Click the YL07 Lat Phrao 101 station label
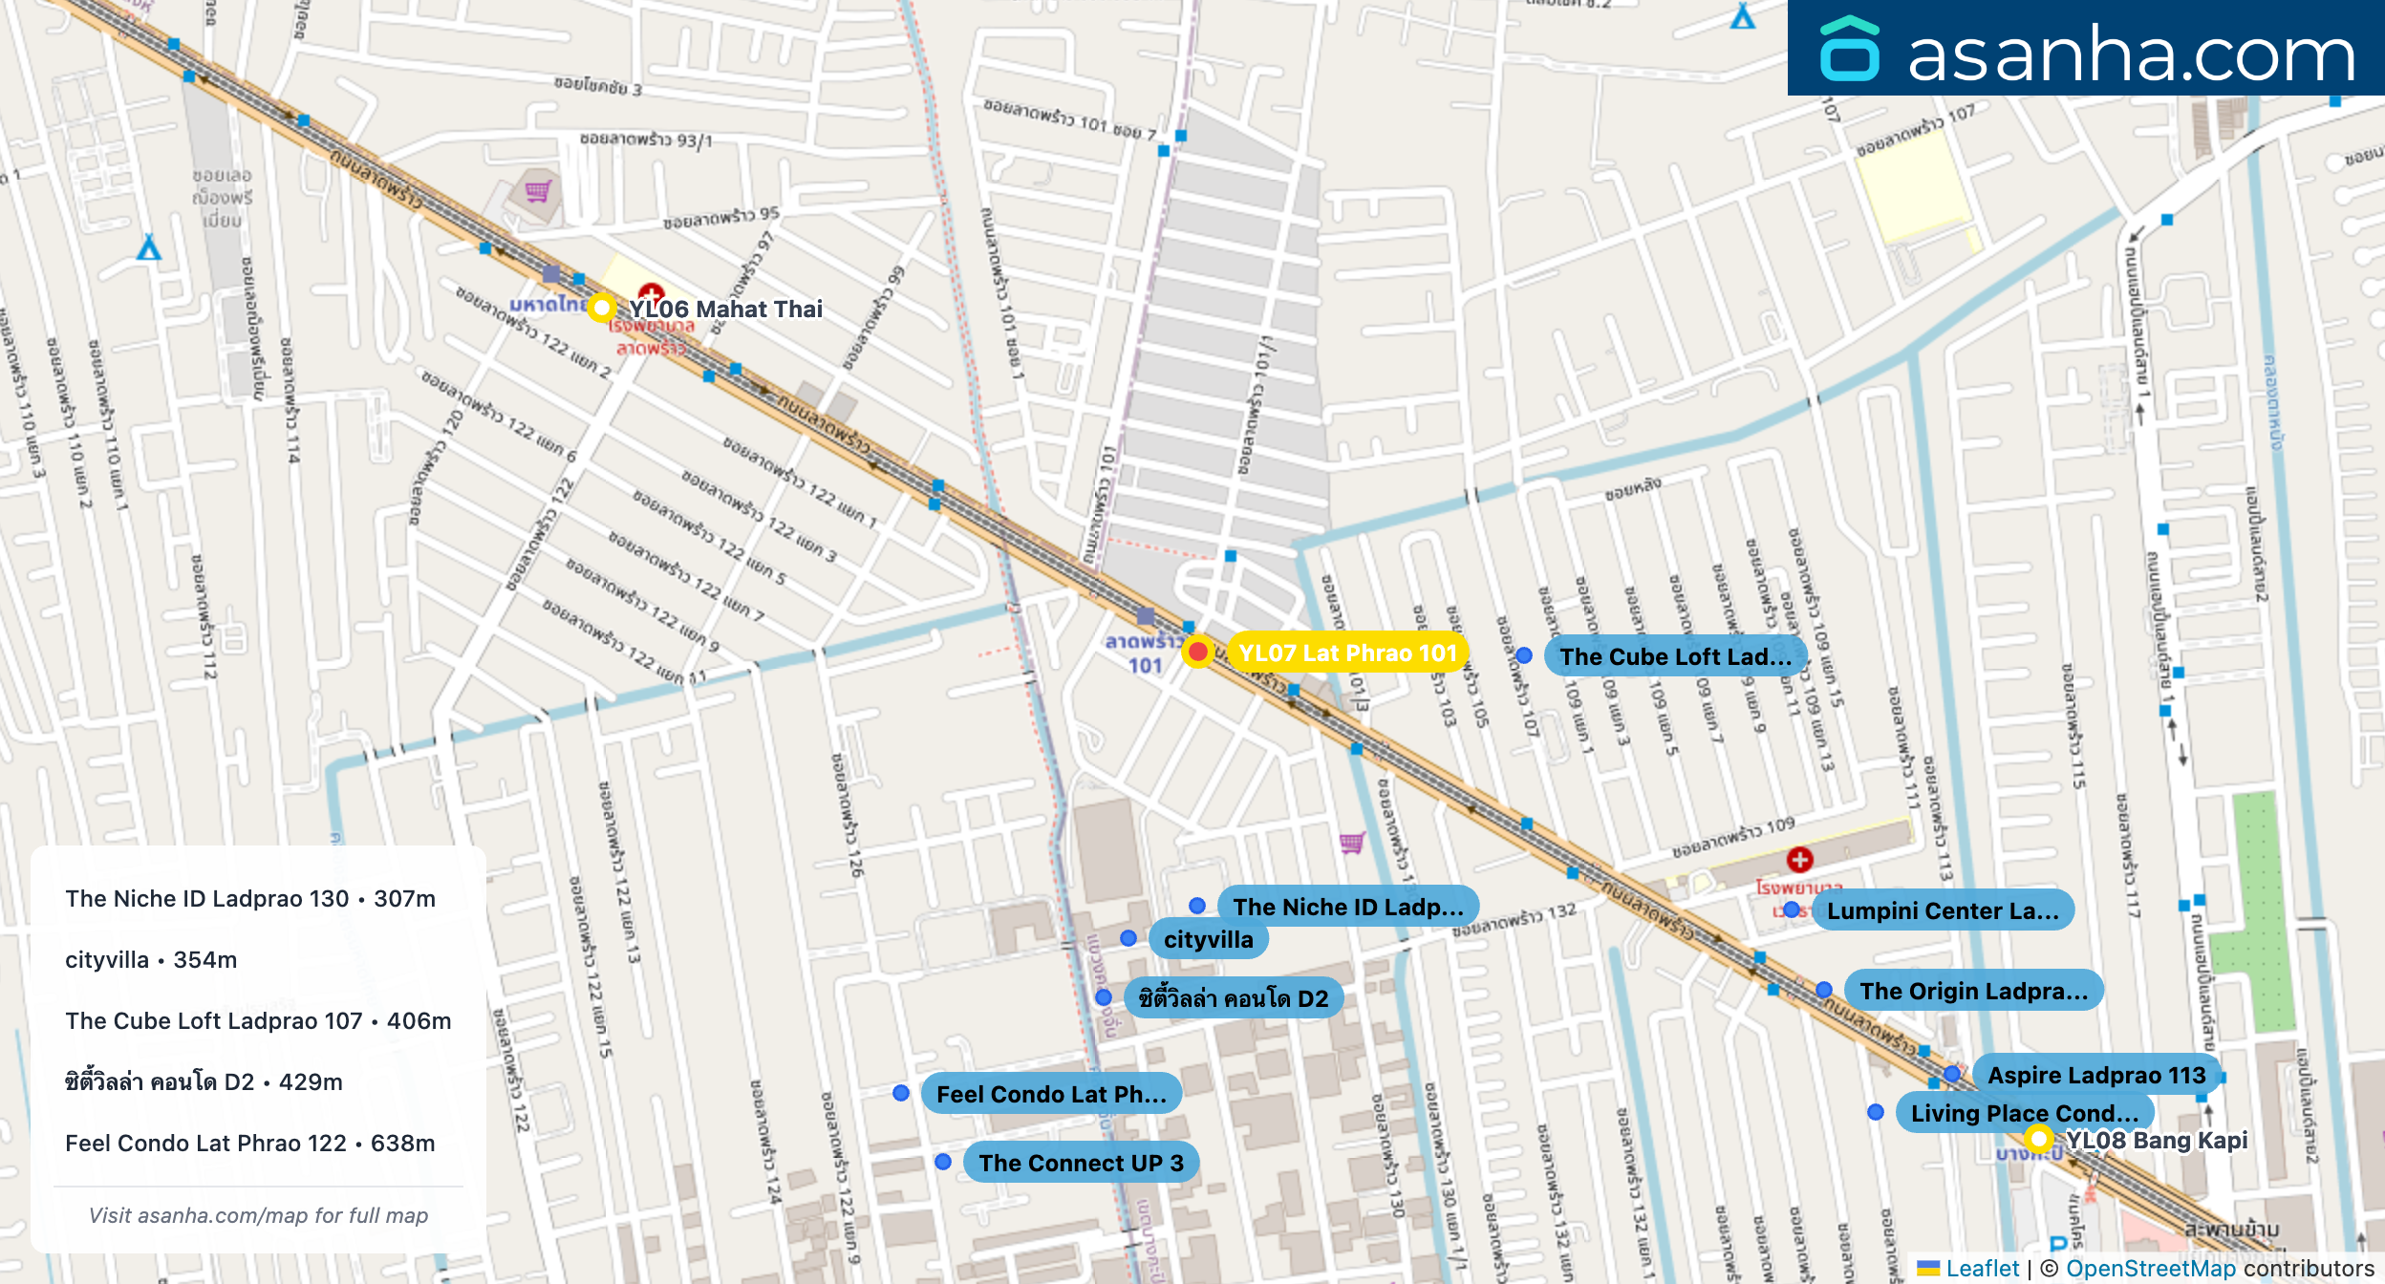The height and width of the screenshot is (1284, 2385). [x=1347, y=653]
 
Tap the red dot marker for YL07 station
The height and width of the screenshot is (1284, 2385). [x=1197, y=652]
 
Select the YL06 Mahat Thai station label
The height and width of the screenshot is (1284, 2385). [x=725, y=310]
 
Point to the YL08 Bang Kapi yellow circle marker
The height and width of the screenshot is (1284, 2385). [x=2038, y=1139]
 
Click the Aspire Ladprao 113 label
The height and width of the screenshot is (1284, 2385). [x=2096, y=1076]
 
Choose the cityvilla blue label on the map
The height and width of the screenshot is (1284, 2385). [x=1208, y=940]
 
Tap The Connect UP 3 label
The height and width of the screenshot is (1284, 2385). [x=1081, y=1164]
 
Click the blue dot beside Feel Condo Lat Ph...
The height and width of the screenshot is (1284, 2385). [x=900, y=1093]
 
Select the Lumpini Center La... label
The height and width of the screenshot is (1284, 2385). [x=1943, y=911]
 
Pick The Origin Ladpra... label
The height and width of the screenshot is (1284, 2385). [x=1973, y=992]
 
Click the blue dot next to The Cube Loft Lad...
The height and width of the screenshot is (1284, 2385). [x=1524, y=656]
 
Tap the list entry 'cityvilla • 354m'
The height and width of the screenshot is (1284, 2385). [x=151, y=960]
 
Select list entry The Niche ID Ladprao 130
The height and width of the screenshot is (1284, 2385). [x=250, y=899]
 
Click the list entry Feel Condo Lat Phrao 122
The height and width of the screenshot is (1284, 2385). [x=250, y=1144]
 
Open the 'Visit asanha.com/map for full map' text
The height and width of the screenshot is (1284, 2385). [x=258, y=1216]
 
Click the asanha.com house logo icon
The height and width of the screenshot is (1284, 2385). [x=1849, y=50]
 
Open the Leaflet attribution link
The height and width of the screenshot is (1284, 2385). [x=1982, y=1269]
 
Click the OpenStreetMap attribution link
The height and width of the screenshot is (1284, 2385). [x=2150, y=1269]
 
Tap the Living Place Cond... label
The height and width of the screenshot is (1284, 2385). [x=2024, y=1114]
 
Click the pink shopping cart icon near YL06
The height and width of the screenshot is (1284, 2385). [x=538, y=191]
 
